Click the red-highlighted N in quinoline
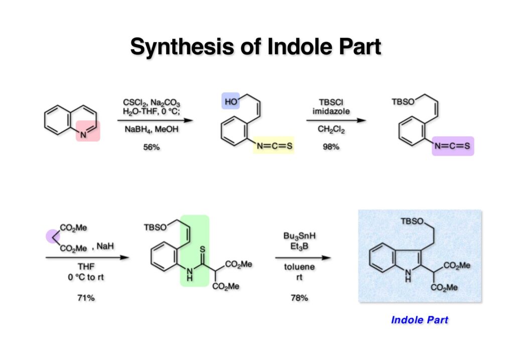click(x=84, y=133)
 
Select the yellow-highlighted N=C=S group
click(x=273, y=146)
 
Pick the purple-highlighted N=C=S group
click(x=453, y=146)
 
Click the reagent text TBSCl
click(x=331, y=102)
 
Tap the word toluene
click(x=299, y=269)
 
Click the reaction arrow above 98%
click(x=335, y=121)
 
